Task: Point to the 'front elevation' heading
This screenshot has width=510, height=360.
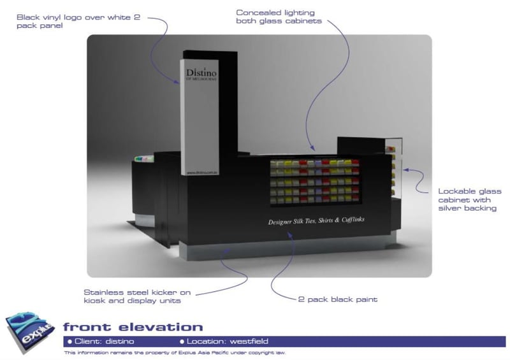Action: [133, 328]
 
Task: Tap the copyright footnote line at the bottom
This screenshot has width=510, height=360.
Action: [175, 352]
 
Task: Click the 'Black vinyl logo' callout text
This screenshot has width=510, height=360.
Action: [79, 22]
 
